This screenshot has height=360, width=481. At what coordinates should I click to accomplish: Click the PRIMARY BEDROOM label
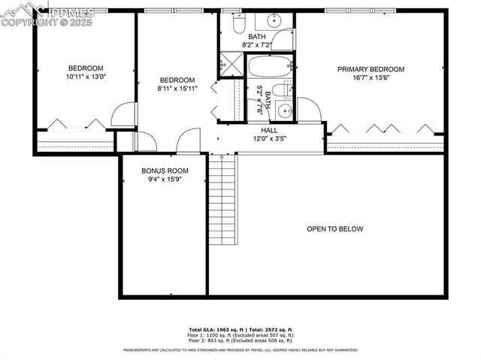coord(371,69)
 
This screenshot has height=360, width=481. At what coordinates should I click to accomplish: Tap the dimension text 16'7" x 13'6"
coord(371,77)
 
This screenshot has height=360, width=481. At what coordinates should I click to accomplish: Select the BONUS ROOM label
coord(162,171)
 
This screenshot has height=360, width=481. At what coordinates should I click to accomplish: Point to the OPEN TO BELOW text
coord(334,229)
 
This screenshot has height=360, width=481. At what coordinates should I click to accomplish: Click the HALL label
coord(269,130)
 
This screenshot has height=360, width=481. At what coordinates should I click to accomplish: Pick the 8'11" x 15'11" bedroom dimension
coord(177,89)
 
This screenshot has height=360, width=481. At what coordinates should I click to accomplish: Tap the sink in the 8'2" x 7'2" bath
coord(283,40)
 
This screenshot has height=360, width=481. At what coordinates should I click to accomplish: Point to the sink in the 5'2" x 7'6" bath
coord(283,112)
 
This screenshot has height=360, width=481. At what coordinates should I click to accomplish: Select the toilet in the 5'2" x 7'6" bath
coord(279,92)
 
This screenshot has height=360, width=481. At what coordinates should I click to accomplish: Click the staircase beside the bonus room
coord(223,199)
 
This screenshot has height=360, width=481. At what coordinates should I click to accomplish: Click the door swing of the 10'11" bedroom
coord(123,115)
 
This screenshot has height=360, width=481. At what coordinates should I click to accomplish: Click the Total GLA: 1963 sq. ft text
coord(214,329)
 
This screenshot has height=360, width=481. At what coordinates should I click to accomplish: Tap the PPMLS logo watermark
coord(49,12)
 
